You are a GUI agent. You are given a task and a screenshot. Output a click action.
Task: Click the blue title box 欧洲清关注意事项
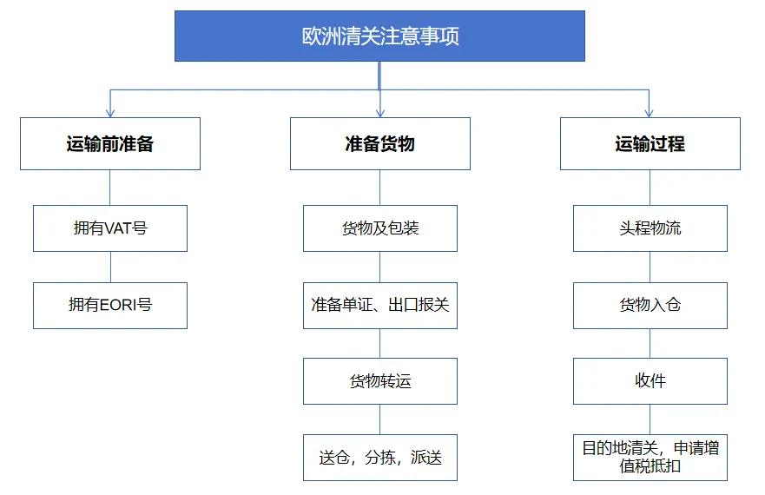379,36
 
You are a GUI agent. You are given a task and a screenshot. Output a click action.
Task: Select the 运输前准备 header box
110,143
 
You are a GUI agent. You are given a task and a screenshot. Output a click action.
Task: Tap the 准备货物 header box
380,143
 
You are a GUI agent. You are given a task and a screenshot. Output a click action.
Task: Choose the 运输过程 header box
650,143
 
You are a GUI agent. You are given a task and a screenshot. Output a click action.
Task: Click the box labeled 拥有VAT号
110,228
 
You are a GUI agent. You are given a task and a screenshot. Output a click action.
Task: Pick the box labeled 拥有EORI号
110,305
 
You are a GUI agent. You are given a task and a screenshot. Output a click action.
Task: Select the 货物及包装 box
380,228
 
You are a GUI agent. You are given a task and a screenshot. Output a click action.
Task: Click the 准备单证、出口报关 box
380,305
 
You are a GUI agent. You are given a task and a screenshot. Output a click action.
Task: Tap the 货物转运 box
380,380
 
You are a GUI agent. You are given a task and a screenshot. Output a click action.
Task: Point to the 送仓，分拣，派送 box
380,458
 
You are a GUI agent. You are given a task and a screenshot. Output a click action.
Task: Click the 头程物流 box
650,228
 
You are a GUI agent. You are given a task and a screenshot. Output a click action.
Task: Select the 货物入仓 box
650,305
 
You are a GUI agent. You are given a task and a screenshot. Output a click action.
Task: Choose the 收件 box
650,380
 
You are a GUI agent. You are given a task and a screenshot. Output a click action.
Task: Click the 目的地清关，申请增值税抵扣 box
650,458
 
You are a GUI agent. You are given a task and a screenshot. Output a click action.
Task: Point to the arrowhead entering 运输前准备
110,114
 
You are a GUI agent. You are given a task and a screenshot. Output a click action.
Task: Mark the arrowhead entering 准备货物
380,114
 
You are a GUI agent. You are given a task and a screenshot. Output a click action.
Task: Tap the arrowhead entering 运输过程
649,114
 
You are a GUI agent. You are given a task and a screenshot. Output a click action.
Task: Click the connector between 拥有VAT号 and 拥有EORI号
111,267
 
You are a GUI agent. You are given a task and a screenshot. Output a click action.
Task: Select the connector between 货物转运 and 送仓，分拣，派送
380,419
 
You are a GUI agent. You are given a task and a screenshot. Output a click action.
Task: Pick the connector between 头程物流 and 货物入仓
650,267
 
